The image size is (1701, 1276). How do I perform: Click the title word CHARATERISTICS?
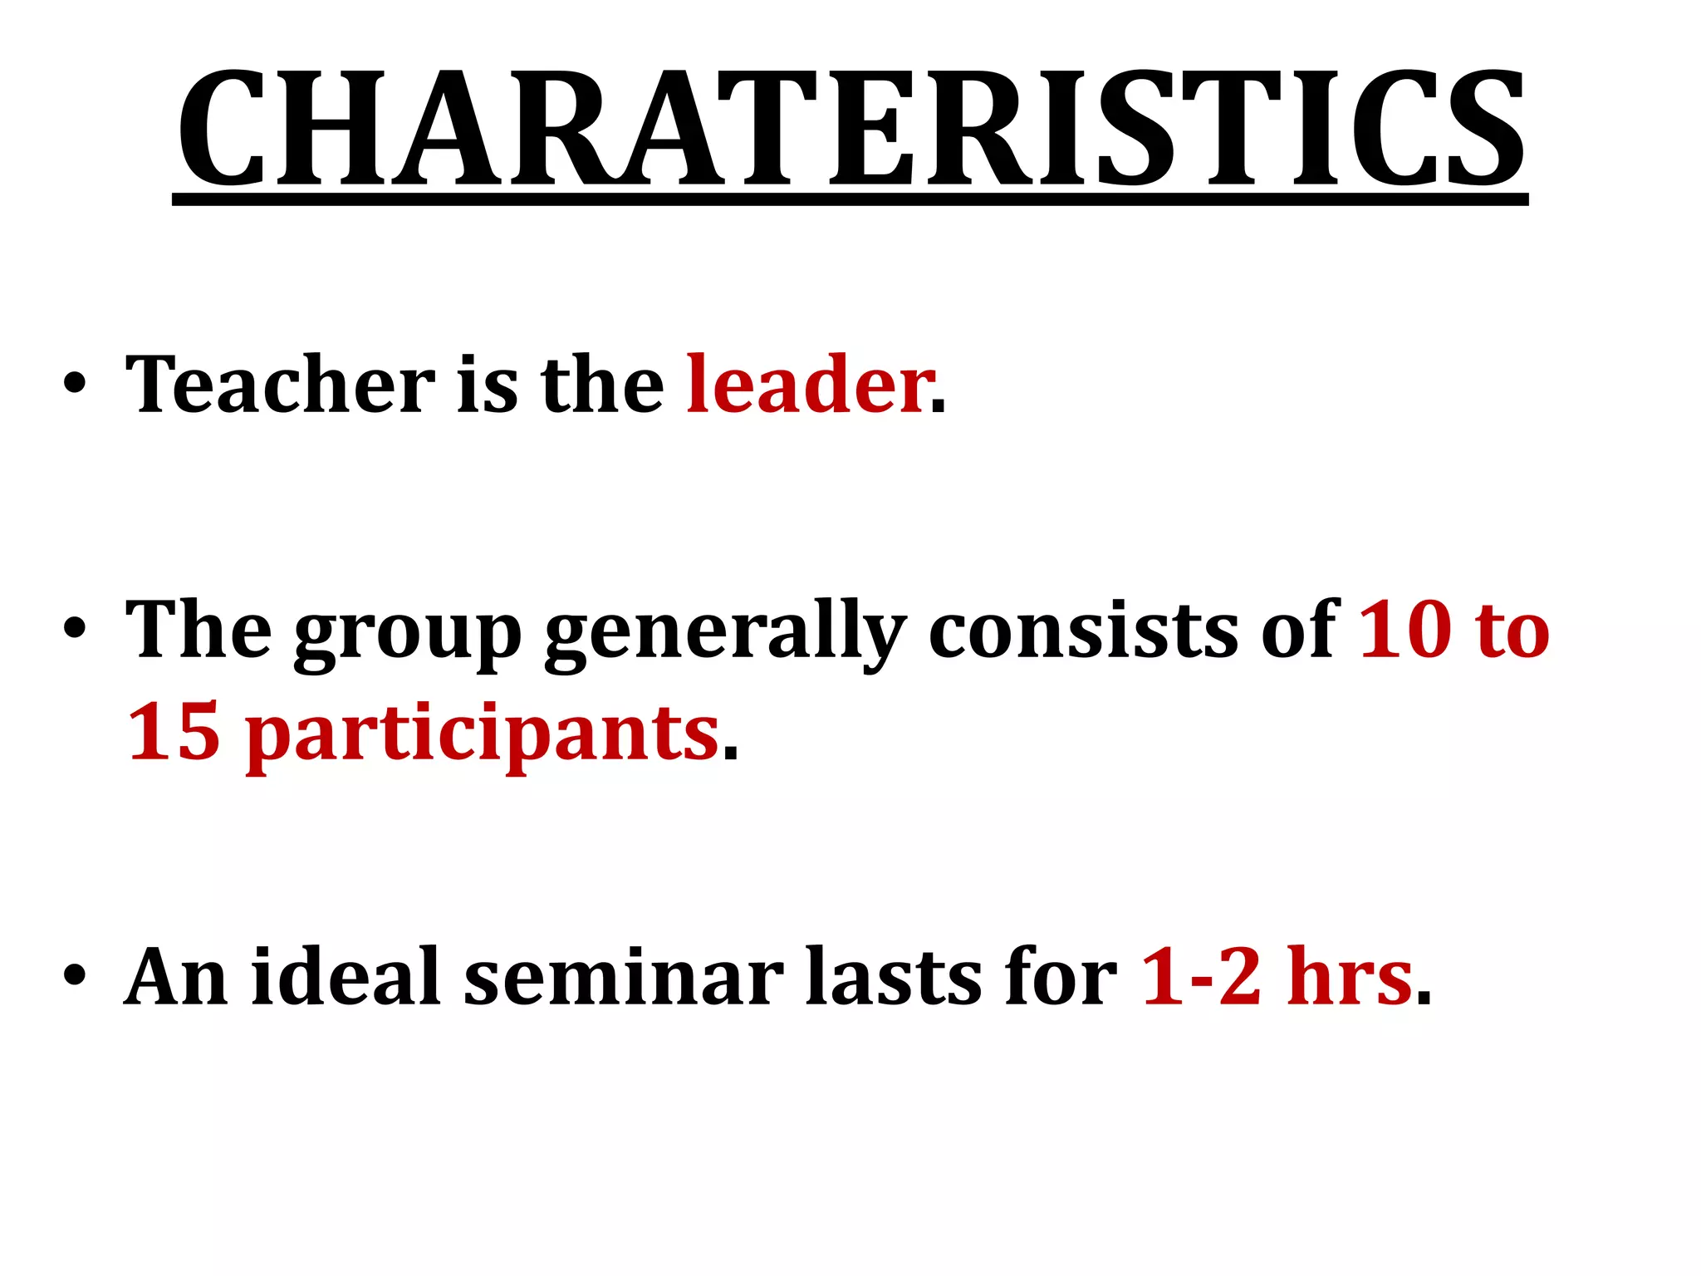[850, 129]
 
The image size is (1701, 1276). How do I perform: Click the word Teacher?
[280, 384]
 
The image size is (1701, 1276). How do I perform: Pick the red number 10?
[1404, 630]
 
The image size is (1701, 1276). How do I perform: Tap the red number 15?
[174, 731]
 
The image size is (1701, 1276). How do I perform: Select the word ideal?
[346, 977]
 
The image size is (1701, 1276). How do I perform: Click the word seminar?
[623, 977]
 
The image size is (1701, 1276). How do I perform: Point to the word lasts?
[893, 977]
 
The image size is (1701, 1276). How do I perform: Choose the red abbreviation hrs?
[1349, 977]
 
